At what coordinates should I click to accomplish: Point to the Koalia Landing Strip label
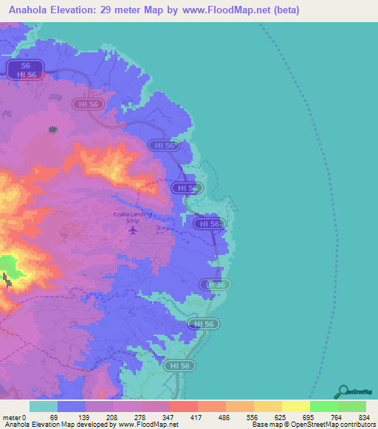(126, 217)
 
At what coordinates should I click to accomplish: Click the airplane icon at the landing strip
(133, 231)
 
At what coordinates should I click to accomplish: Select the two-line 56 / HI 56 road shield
(27, 70)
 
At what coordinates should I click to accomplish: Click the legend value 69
(53, 397)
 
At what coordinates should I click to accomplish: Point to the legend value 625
(281, 397)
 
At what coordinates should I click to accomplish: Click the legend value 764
(337, 397)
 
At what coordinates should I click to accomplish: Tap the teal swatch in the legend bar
(44, 407)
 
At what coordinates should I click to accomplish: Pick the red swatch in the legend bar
(184, 407)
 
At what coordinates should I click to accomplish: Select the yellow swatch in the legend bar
(296, 407)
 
